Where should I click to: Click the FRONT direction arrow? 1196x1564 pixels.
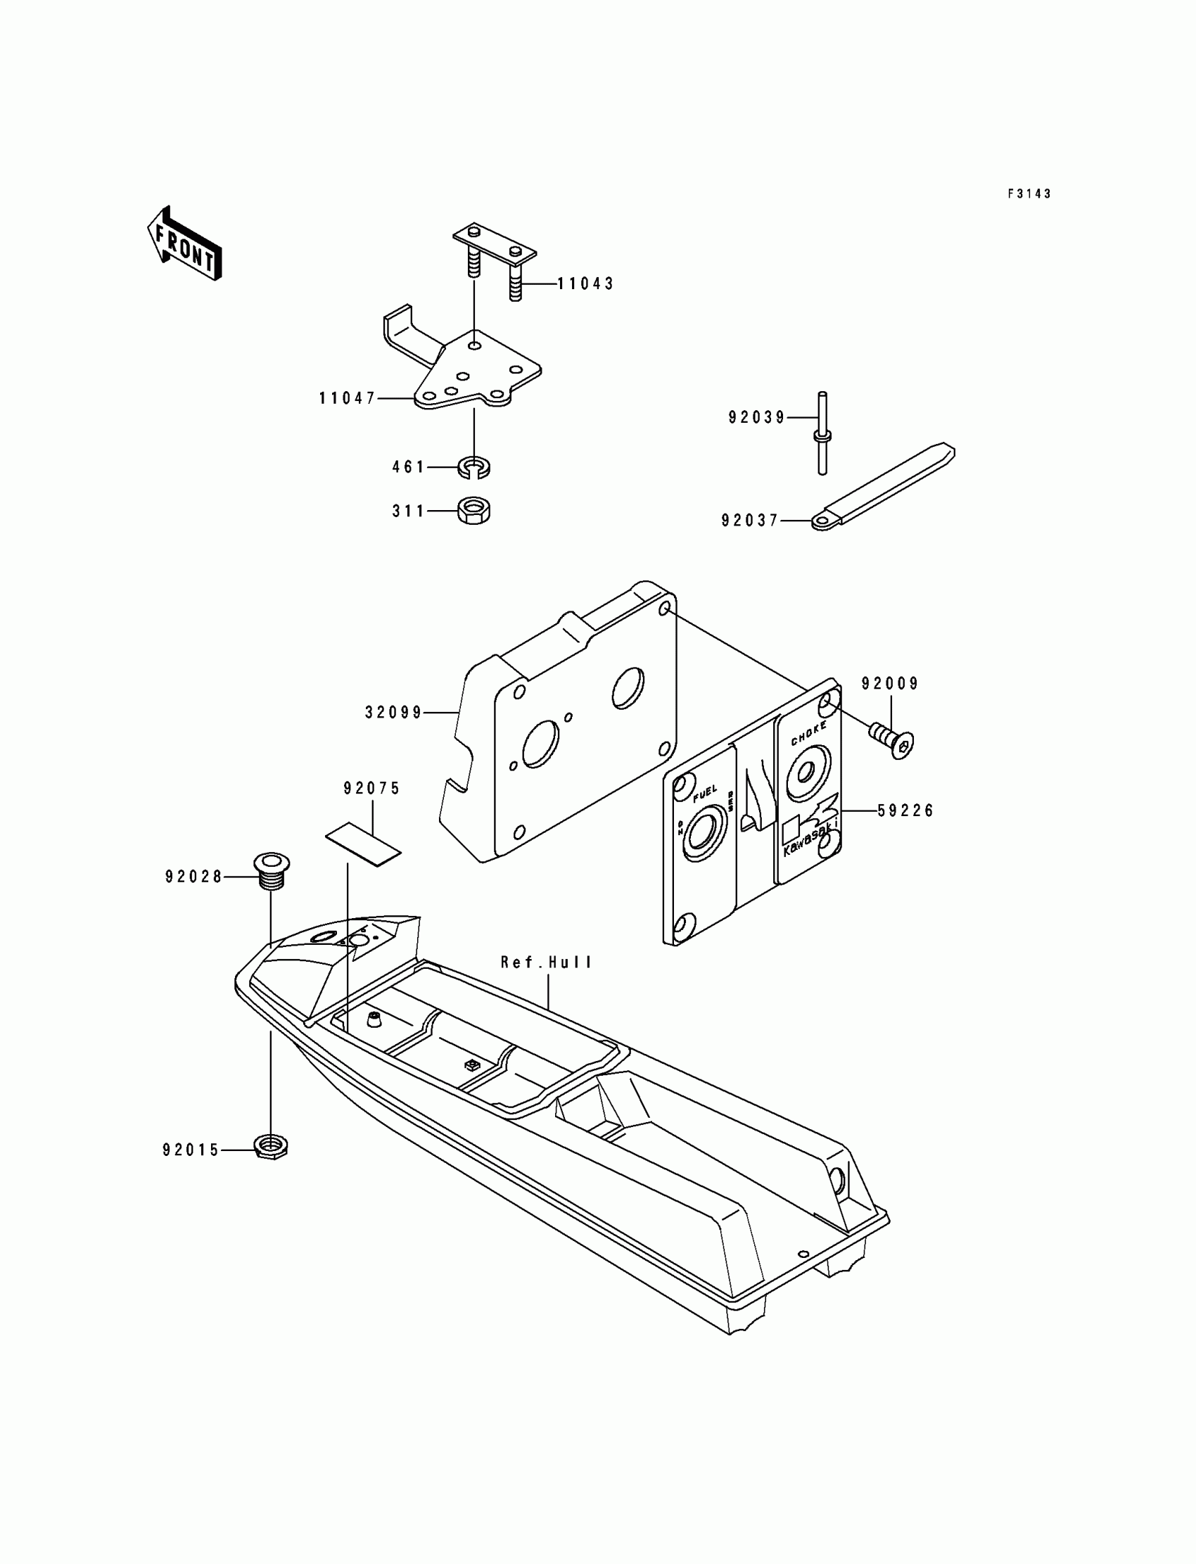tap(184, 244)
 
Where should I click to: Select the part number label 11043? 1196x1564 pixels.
tap(585, 284)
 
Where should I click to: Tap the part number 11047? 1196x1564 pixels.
tap(347, 399)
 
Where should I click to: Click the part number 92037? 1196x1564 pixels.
tap(750, 521)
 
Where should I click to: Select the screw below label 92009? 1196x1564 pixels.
tap(892, 739)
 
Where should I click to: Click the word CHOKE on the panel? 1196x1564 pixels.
tap(809, 733)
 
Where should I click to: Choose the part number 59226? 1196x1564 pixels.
tap(905, 810)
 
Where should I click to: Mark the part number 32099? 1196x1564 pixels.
tap(394, 712)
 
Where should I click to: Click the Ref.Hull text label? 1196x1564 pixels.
tap(546, 962)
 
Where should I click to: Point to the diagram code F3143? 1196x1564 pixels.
tap(1029, 193)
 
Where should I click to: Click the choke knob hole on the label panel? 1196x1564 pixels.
tap(806, 773)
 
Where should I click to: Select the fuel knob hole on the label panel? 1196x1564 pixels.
tap(704, 833)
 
